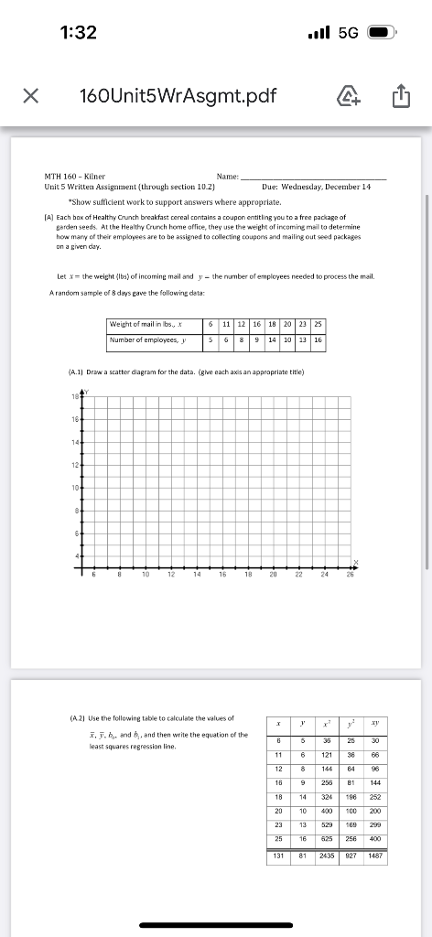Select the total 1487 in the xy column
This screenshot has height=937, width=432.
click(374, 857)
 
